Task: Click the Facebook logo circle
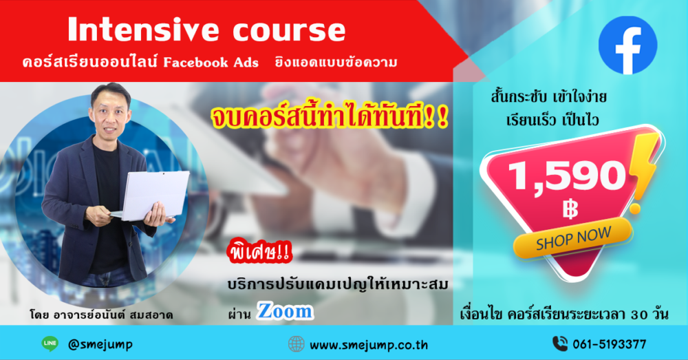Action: (x=627, y=45)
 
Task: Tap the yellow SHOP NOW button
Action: (x=573, y=237)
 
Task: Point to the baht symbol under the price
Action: (x=570, y=209)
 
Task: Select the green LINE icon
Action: (x=50, y=343)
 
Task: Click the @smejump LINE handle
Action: (x=100, y=345)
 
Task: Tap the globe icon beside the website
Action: (x=296, y=344)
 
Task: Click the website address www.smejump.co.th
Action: (x=369, y=345)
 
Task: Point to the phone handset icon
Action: (x=560, y=343)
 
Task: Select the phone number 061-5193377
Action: (x=610, y=344)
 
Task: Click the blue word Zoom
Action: (x=286, y=311)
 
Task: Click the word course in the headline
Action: (x=289, y=32)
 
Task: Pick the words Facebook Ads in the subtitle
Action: (x=211, y=63)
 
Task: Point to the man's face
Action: (x=110, y=114)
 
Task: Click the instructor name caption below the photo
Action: (x=101, y=315)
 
